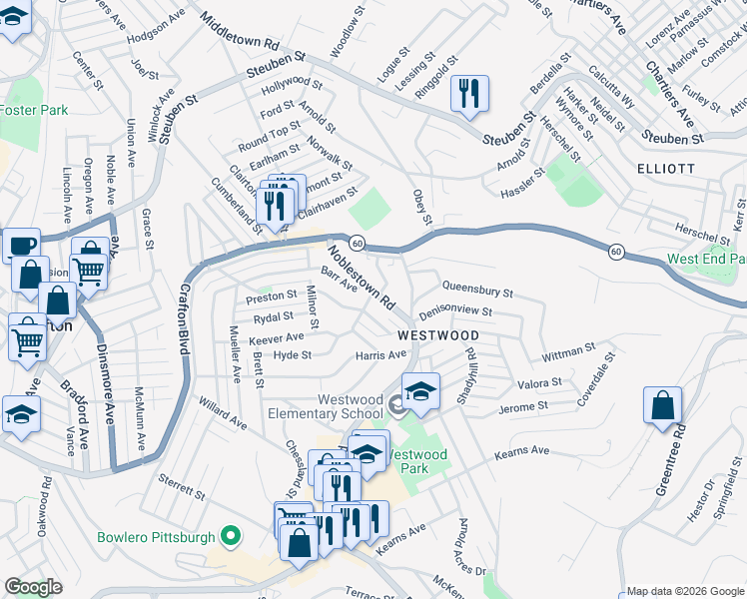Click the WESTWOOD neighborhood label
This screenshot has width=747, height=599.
pyautogui.click(x=437, y=335)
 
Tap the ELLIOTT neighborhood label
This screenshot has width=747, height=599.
pyautogui.click(x=666, y=169)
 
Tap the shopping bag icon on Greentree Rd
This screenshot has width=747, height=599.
pyautogui.click(x=662, y=405)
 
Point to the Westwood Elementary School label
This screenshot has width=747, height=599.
pyautogui.click(x=350, y=406)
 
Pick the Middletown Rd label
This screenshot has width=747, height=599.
pyautogui.click(x=239, y=32)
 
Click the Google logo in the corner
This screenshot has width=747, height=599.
pyautogui.click(x=33, y=587)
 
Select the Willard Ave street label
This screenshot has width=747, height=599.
pyautogui.click(x=222, y=415)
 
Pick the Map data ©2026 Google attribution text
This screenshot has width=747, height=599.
pyautogui.click(x=684, y=590)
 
